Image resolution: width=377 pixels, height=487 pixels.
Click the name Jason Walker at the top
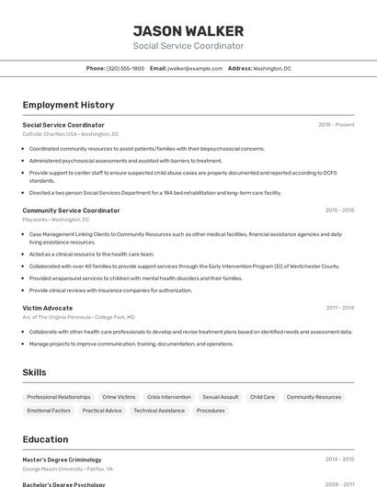click(x=188, y=30)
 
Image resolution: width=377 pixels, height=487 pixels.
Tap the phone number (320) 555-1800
click(x=125, y=68)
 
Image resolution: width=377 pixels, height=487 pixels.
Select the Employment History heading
click(x=68, y=105)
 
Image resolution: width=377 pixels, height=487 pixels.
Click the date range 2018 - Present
click(x=336, y=124)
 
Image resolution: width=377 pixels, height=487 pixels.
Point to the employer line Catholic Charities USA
click(x=71, y=134)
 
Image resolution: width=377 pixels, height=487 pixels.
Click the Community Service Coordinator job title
click(x=71, y=210)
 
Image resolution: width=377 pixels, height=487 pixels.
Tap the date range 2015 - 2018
click(x=339, y=210)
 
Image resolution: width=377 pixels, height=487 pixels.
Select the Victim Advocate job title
click(x=47, y=308)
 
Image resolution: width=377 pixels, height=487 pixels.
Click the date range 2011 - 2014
click(x=339, y=308)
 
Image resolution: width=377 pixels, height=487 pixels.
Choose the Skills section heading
click(x=35, y=372)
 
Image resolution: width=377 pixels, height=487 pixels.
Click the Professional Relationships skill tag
click(x=59, y=397)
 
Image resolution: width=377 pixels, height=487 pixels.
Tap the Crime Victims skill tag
click(x=119, y=397)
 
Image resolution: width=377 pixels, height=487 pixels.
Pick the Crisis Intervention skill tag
click(x=169, y=397)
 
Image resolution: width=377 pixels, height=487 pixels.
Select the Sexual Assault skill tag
click(x=221, y=397)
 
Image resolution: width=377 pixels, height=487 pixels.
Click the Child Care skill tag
click(x=262, y=397)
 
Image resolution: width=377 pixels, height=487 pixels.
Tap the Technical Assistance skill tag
click(x=159, y=411)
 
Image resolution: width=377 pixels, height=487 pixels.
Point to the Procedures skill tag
click(x=211, y=411)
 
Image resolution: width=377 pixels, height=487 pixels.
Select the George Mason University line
click(x=67, y=469)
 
